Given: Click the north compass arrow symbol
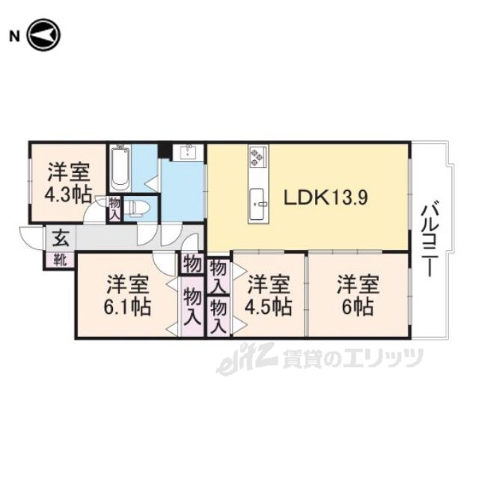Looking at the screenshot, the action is [x=44, y=35].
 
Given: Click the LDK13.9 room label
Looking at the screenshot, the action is [x=326, y=198].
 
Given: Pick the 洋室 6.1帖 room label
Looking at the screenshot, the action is [x=128, y=296].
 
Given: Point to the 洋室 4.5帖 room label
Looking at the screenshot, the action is [x=269, y=296].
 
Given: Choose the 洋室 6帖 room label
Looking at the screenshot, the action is [x=358, y=296].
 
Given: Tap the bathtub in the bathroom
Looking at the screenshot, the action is [x=120, y=168].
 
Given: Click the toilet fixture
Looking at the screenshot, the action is [x=138, y=208].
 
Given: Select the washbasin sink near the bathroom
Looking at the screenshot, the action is [x=188, y=153].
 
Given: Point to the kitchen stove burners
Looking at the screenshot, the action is [x=256, y=156].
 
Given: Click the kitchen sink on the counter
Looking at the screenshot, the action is [x=257, y=204].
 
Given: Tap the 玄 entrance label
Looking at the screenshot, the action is [x=61, y=238].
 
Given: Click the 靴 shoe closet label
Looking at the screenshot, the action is [x=61, y=260].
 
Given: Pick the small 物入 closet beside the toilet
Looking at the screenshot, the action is [x=115, y=208].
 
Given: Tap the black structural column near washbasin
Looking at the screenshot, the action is [x=165, y=150].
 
